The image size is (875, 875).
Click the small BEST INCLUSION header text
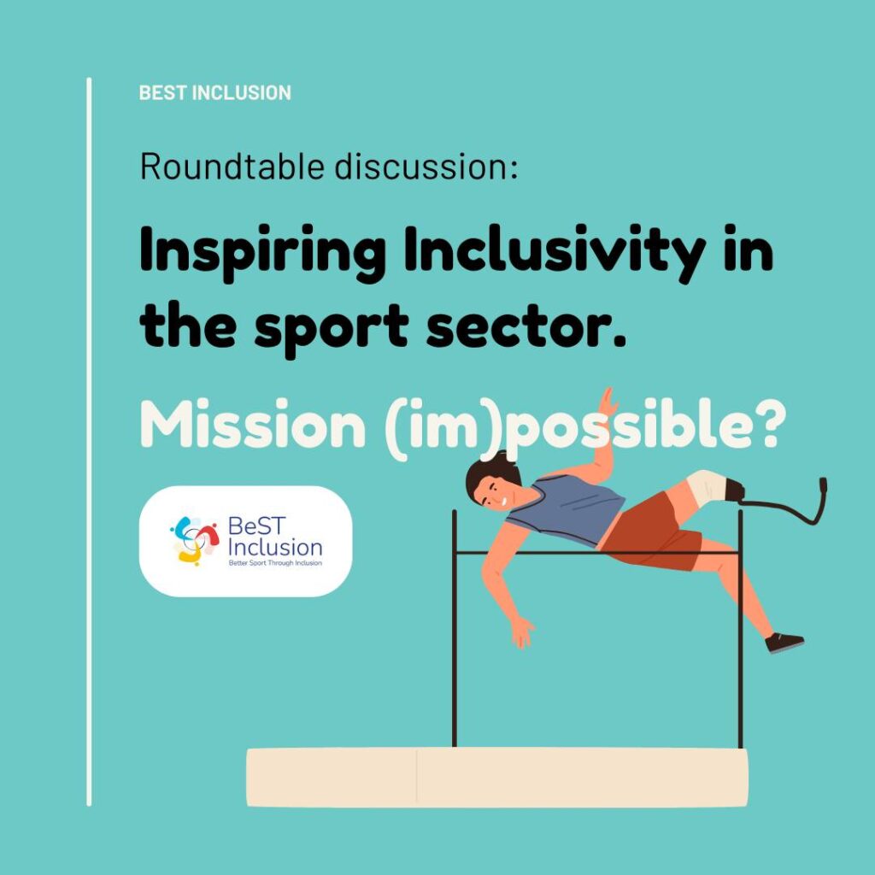[214, 92]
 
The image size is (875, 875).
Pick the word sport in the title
[332, 329]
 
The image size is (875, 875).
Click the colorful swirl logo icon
[195, 541]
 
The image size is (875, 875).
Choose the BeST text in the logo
[256, 526]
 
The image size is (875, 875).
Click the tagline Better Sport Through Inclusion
[275, 563]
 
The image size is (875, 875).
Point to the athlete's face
[491, 492]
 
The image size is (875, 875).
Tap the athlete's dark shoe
[784, 643]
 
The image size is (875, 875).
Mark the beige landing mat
[497, 778]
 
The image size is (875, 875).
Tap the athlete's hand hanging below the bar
[522, 632]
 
